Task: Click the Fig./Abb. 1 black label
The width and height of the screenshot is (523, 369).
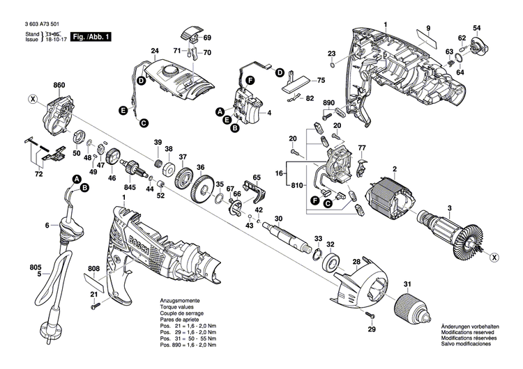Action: (92, 36)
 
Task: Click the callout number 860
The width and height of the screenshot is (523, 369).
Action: (58, 86)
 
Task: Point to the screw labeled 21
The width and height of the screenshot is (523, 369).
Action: (96, 302)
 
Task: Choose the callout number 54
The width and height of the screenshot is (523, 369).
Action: (477, 28)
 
